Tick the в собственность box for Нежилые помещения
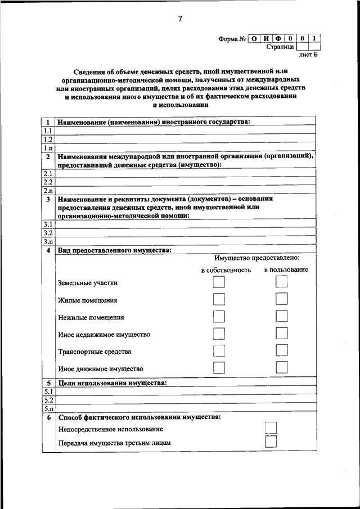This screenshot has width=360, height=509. (x=219, y=317)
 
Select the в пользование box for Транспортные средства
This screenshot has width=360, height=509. (x=282, y=351)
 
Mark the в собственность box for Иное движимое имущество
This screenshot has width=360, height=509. (x=219, y=368)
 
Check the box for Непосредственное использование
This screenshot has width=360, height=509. (x=271, y=429)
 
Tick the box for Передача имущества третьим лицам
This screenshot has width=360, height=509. (x=271, y=442)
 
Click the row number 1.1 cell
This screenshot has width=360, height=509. (x=48, y=130)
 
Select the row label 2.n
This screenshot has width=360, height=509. (x=48, y=190)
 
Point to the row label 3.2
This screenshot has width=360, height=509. (x=48, y=232)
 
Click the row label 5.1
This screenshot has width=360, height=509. (x=48, y=391)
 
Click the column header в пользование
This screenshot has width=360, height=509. (x=286, y=270)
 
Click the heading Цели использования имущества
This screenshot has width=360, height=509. (x=112, y=383)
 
